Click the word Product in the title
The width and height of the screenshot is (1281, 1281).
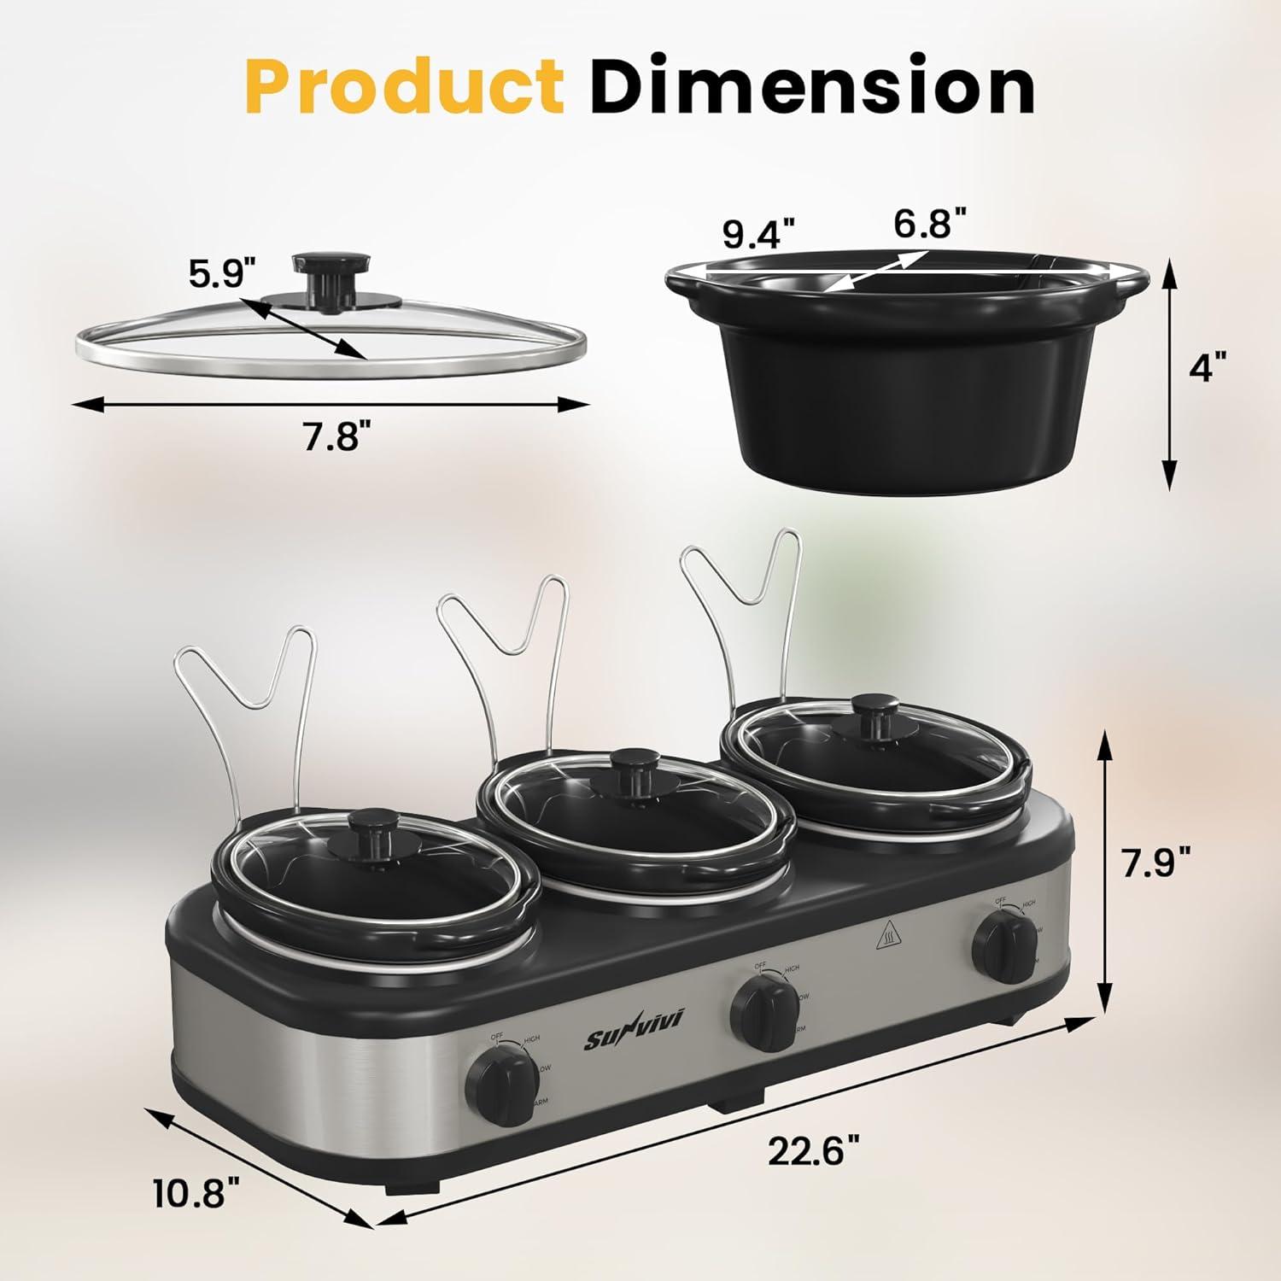[x=403, y=87]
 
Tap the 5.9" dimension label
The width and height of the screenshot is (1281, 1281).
[x=223, y=274]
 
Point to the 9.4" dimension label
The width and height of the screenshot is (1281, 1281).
[x=758, y=233]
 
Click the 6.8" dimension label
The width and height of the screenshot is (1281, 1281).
[x=930, y=225]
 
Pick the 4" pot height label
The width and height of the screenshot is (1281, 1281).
[x=1212, y=369]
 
